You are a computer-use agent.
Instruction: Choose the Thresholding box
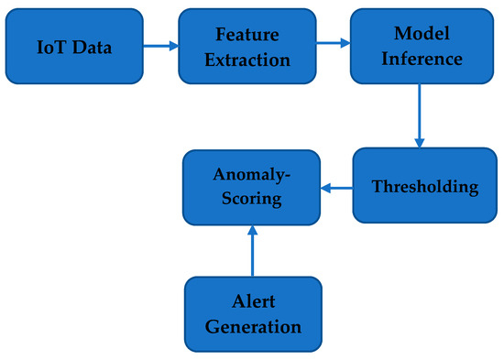tap(424, 187)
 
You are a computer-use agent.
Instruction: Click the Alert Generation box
tap(253, 314)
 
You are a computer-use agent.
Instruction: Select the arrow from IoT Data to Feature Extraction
tap(161, 44)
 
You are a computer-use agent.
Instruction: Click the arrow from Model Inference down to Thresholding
tap(419, 115)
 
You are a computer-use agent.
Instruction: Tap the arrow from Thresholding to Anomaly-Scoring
tap(336, 190)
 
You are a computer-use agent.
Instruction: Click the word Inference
tap(419, 59)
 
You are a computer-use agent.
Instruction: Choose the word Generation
tap(253, 326)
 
